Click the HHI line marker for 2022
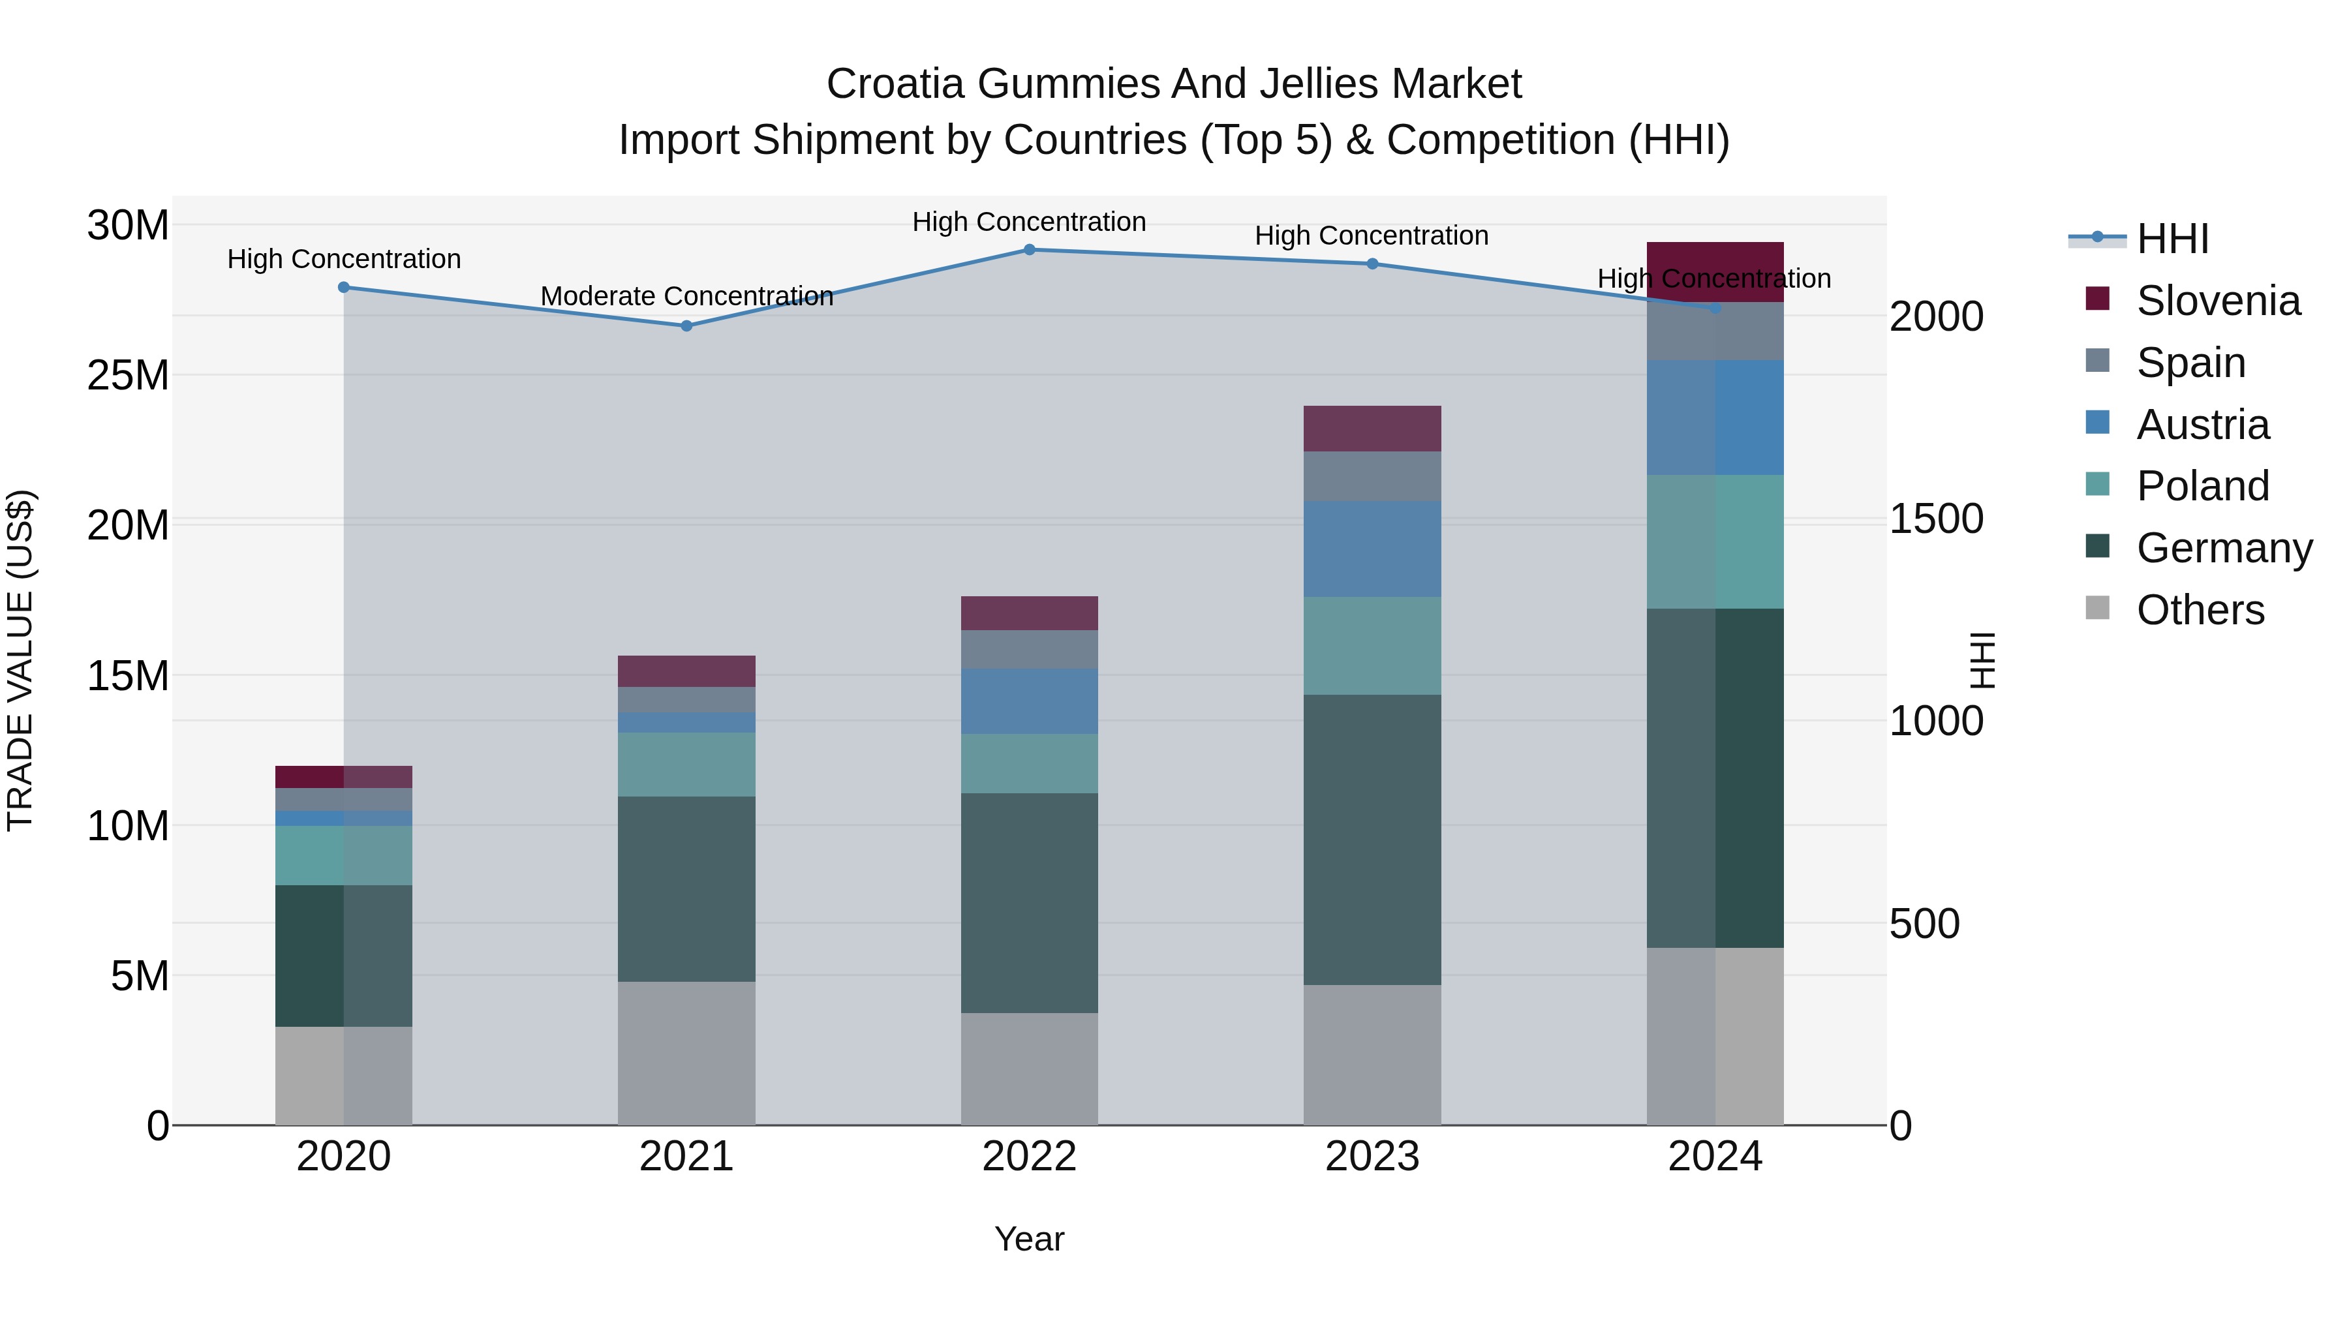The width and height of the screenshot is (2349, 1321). pos(1030,250)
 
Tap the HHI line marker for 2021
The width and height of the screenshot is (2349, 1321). pos(686,326)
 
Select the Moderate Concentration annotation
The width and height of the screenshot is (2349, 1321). pos(686,296)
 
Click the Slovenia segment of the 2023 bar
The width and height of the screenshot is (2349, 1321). pos(1372,429)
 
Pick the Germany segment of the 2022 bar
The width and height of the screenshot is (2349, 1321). pos(1030,903)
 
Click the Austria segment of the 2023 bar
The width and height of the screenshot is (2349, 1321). pos(1372,549)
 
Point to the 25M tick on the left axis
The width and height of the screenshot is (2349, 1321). pos(128,376)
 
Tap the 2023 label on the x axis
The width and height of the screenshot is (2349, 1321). pos(1372,1157)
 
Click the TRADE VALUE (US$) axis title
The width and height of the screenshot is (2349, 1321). pos(20,660)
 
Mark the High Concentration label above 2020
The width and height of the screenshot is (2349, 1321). pos(344,259)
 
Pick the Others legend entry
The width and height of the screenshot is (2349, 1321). pos(2200,610)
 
